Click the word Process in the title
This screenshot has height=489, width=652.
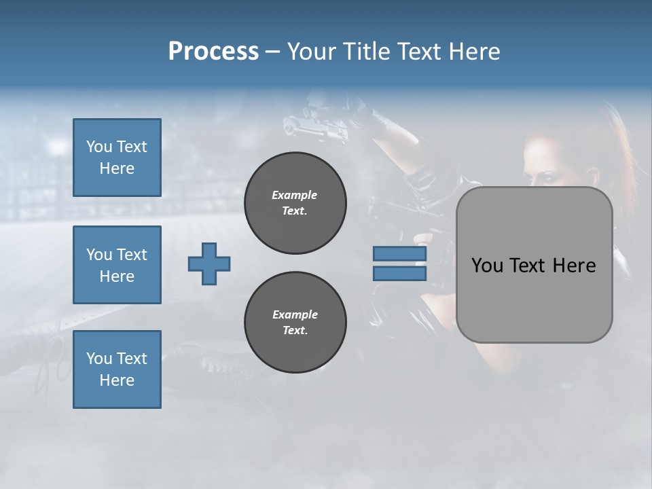coord(213,51)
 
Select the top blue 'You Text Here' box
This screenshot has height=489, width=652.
coord(117,158)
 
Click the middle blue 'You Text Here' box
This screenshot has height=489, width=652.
coord(117,265)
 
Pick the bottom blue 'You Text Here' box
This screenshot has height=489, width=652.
coord(117,369)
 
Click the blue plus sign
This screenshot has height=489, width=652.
coord(209,264)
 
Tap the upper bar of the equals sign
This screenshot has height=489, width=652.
coord(399,254)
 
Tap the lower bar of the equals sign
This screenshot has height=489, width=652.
coord(399,273)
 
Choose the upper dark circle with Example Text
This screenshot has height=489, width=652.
coord(295,203)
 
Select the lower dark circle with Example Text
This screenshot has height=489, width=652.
coord(295,322)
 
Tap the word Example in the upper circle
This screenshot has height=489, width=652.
coord(295,195)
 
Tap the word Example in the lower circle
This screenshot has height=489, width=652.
coord(295,314)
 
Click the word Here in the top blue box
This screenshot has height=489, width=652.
coord(117,168)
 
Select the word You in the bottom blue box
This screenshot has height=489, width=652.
coord(98,359)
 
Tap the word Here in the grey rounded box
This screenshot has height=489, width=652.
coord(574,266)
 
